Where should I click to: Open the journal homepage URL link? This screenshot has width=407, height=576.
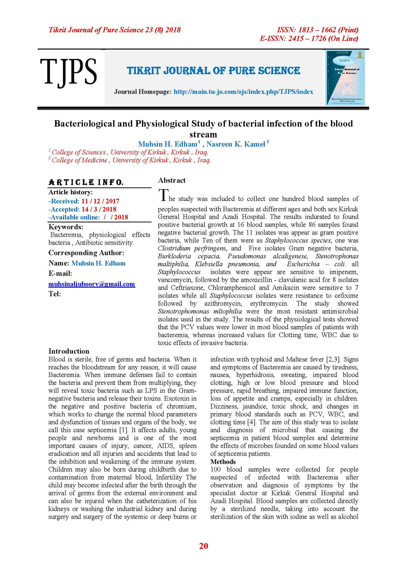[243, 92]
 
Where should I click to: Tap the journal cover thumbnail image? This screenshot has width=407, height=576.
[345, 78]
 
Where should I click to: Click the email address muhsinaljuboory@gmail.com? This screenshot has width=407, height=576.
[92, 284]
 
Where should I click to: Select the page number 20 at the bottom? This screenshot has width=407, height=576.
[203, 546]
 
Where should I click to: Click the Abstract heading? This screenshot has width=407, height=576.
[172, 180]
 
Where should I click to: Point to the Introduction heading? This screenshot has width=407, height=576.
[69, 351]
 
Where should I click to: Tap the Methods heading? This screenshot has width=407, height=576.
[223, 462]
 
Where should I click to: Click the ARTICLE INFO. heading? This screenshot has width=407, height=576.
[86, 182]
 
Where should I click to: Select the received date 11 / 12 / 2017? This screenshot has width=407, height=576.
[100, 201]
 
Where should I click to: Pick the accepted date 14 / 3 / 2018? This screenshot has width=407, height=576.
[99, 209]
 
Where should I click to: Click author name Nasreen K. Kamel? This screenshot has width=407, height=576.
[236, 144]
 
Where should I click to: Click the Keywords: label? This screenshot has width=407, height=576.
[66, 227]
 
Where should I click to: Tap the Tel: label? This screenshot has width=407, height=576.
[55, 294]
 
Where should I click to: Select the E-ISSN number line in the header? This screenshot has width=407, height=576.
[309, 39]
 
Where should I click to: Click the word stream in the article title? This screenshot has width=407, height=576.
[203, 134]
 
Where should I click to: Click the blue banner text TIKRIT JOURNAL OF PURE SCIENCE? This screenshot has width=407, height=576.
[213, 71]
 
